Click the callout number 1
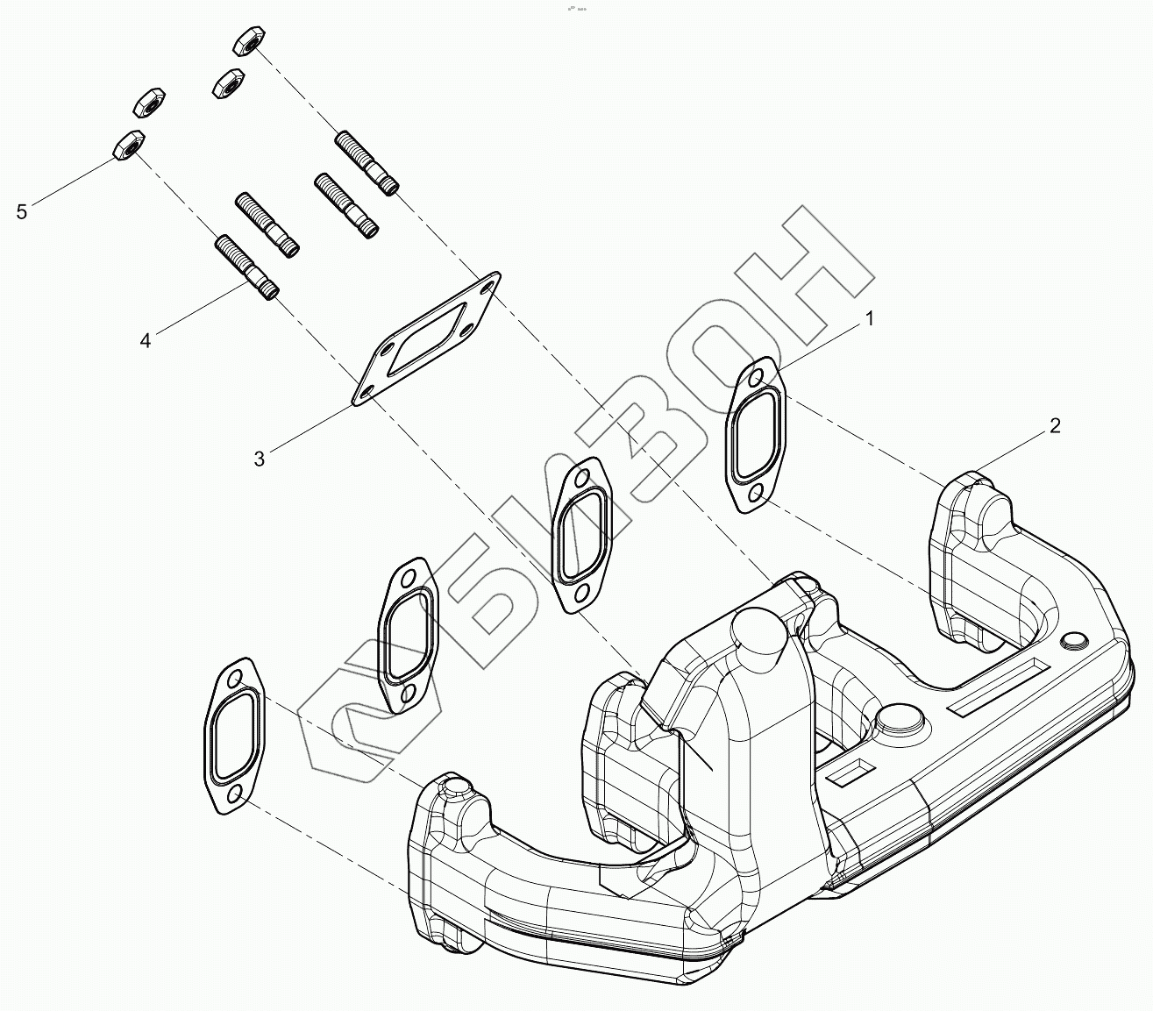point(870,320)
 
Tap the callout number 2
point(1055,426)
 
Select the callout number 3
point(260,459)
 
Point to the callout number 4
point(146,341)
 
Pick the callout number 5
point(23,211)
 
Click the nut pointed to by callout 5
point(128,146)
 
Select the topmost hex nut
point(250,40)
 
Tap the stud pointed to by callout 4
point(246,267)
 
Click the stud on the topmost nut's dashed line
point(367,161)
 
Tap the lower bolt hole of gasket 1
point(754,499)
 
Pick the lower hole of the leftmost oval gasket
point(235,794)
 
